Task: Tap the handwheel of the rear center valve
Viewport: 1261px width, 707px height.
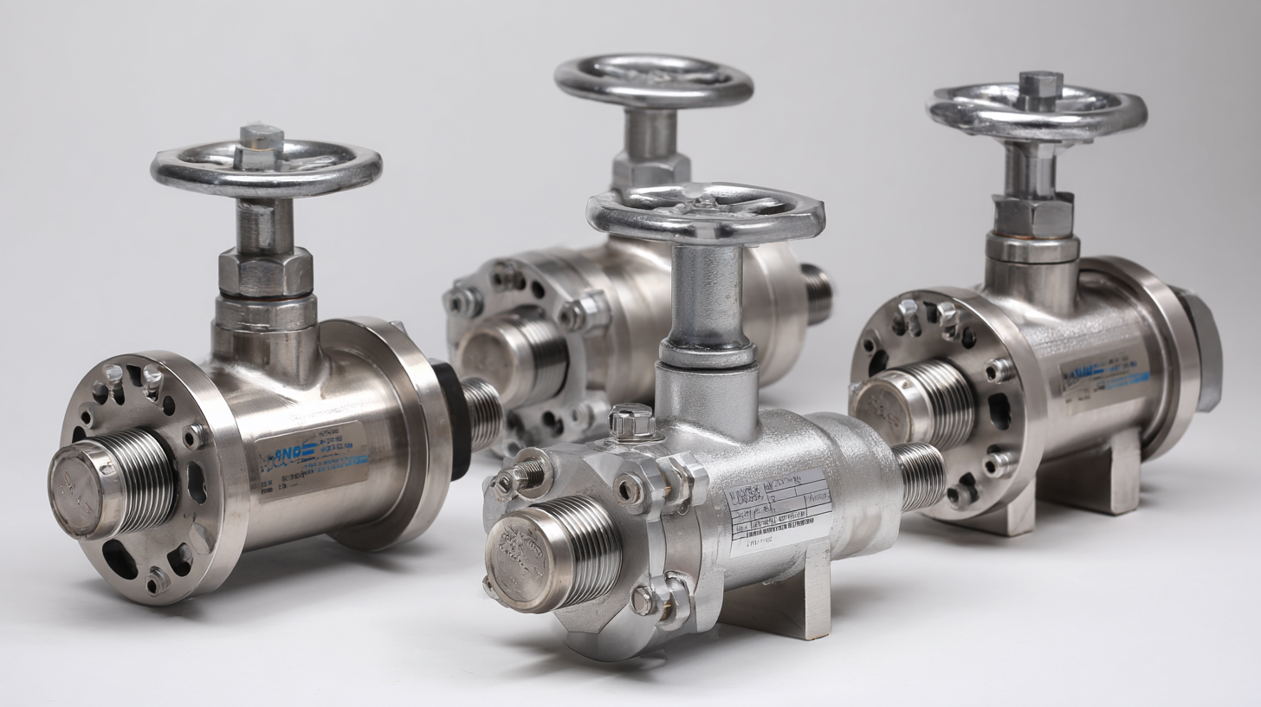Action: click(653, 81)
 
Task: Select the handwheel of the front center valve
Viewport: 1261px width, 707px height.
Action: click(705, 213)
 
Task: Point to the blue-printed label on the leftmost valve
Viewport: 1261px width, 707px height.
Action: click(312, 459)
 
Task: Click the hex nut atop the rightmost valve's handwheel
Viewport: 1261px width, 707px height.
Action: click(1040, 85)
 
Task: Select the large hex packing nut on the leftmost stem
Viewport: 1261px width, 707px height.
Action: click(265, 271)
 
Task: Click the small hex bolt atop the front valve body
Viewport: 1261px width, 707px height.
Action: click(630, 421)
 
